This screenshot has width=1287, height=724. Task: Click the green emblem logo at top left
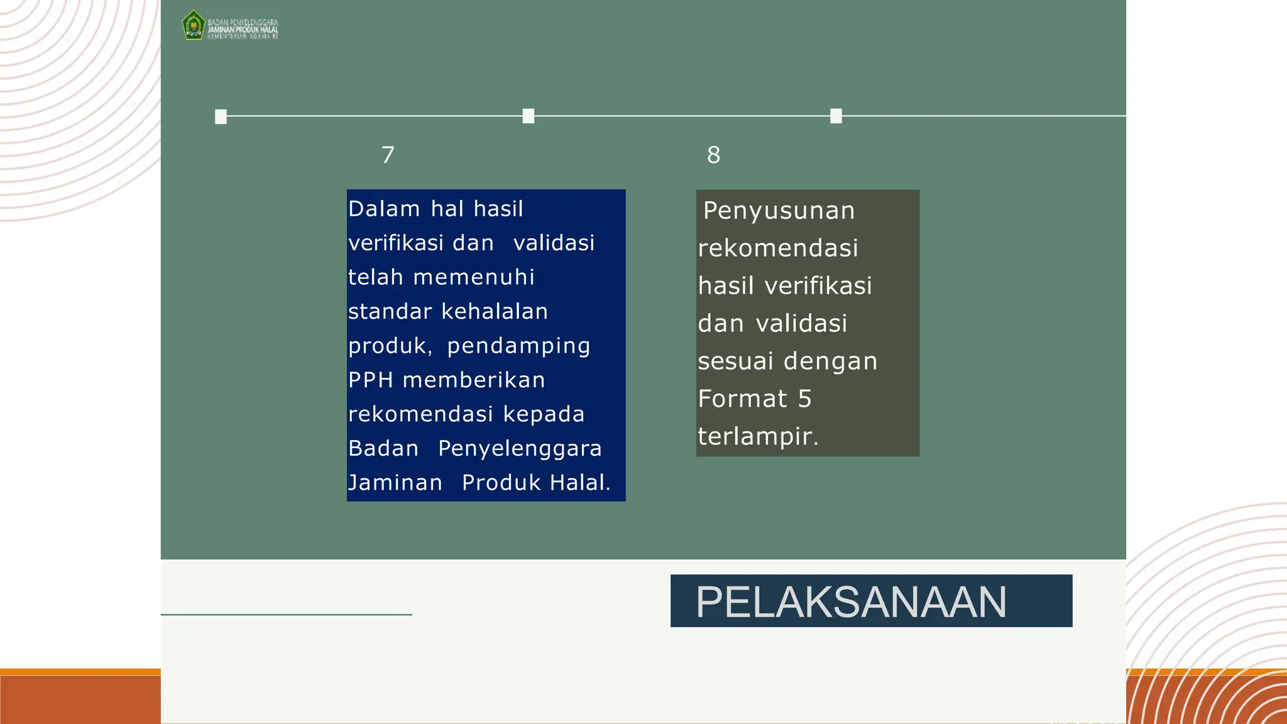point(194,26)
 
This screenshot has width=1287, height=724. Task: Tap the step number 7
point(388,155)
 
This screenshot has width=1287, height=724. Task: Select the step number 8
point(713,155)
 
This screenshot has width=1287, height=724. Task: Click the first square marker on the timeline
point(221,117)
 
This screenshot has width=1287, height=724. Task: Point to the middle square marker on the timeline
point(528,116)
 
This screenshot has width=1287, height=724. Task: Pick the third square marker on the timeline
point(836,116)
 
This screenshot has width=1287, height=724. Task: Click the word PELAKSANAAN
point(851,601)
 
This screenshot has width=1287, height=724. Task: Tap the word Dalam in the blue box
point(384,209)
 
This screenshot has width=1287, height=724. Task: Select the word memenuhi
point(474,277)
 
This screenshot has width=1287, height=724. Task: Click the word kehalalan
point(495,311)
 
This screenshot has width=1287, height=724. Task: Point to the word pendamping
point(518,346)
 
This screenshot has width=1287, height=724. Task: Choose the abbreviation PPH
point(371,380)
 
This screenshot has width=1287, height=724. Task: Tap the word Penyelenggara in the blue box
point(520,448)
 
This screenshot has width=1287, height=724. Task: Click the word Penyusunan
point(779,211)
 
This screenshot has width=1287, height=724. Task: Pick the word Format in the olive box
point(742,398)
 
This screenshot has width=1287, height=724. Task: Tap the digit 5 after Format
point(804,398)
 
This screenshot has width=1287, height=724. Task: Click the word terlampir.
point(758,436)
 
